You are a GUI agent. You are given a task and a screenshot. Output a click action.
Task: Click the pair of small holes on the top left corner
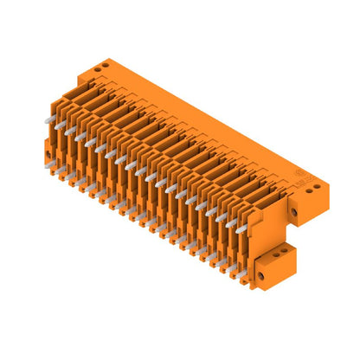[x=104, y=64]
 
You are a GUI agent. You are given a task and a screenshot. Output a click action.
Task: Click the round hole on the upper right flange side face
[x=294, y=209]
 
